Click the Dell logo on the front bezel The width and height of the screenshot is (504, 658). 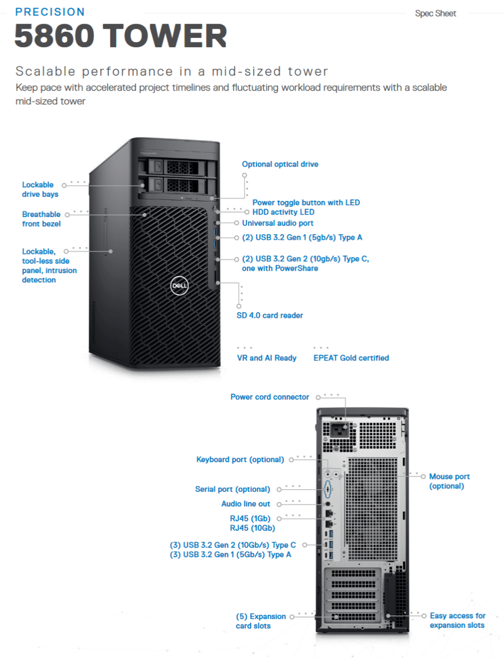179,285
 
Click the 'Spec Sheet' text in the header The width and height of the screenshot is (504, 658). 436,13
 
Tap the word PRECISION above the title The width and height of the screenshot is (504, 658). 50,12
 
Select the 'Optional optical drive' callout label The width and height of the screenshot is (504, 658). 280,164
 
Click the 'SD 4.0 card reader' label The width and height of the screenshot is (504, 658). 270,315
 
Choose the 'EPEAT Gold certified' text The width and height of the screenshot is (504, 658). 351,358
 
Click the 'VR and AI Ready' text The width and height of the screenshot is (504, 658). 266,358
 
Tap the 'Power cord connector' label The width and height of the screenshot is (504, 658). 270,396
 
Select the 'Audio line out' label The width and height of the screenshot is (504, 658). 245,503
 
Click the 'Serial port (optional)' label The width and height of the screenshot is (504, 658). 232,489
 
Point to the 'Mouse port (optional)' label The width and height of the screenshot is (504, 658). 449,481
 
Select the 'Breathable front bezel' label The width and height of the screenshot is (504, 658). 41,219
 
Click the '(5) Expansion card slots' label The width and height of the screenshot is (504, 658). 261,621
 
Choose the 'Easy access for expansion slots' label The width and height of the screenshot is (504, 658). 457,620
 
